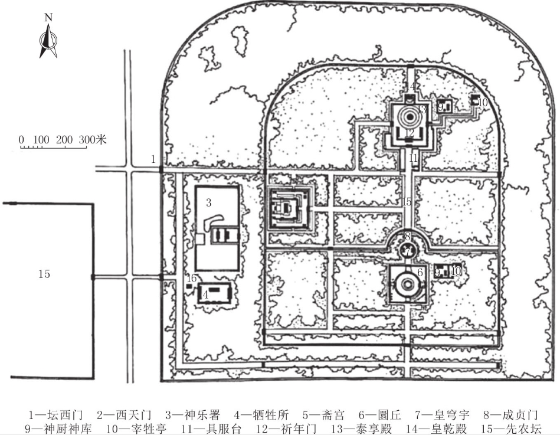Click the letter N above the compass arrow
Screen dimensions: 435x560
click(48, 17)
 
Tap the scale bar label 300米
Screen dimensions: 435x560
click(94, 140)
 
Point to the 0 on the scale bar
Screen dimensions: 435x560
click(21, 140)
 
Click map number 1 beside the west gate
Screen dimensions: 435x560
click(153, 159)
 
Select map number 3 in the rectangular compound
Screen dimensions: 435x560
click(208, 202)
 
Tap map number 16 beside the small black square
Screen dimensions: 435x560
click(191, 278)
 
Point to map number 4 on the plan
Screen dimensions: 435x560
click(205, 293)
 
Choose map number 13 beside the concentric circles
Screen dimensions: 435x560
click(421, 109)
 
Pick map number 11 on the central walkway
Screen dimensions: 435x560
click(413, 158)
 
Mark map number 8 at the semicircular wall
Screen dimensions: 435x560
click(407, 235)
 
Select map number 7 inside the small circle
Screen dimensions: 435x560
click(407, 250)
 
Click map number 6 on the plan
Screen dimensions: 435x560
click(420, 272)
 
